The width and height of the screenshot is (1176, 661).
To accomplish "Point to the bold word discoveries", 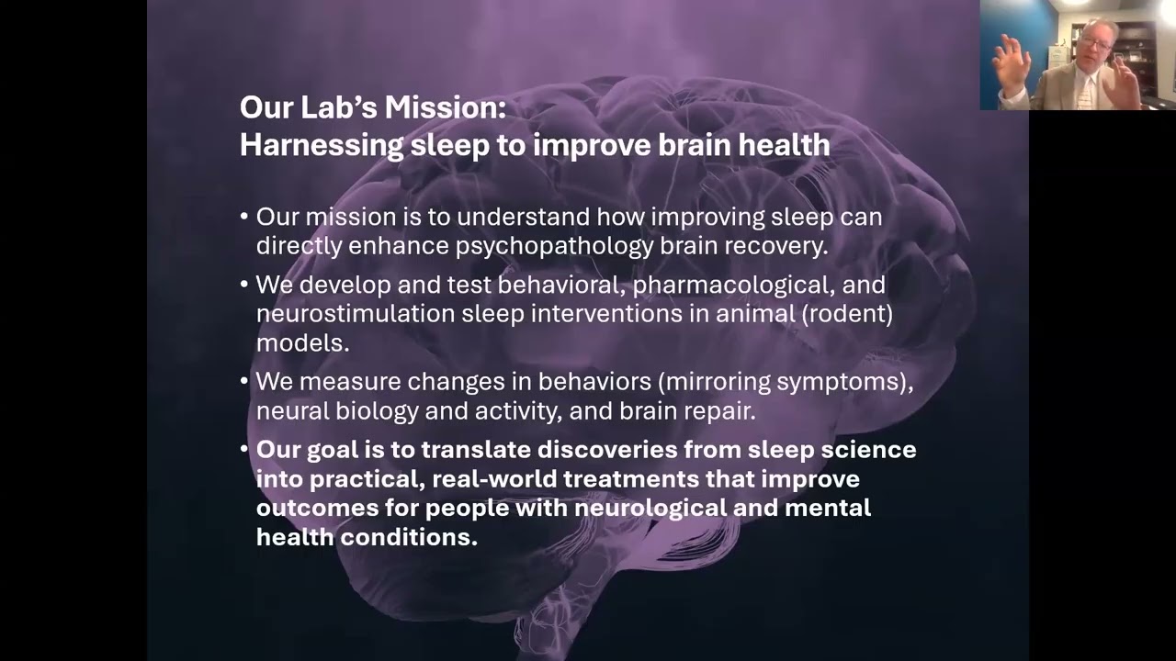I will pos(616,450).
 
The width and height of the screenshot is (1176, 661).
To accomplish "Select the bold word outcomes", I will pos(312,508).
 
